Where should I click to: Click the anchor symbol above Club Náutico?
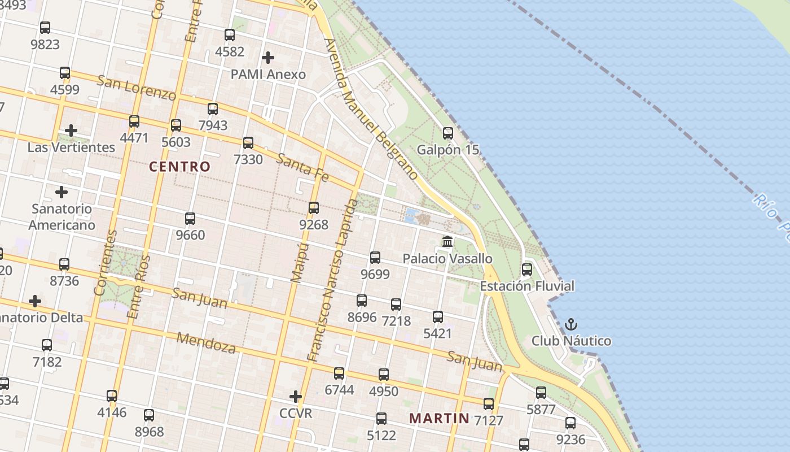coord(571,324)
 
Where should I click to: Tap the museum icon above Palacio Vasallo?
coord(447,242)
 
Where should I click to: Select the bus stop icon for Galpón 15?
coord(447,133)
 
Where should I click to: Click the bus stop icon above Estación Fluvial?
coord(526,270)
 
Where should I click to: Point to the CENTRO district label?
coord(179,167)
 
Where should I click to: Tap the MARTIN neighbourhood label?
coord(439,418)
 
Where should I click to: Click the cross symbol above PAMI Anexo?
coord(268,58)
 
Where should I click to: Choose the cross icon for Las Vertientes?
coord(71,131)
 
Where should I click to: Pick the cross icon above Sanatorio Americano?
coord(62,192)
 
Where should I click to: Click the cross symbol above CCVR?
coord(295,397)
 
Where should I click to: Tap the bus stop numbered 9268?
coord(314,208)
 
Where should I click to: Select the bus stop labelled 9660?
coord(190,218)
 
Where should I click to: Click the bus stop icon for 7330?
coord(248,143)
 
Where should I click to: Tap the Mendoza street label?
coord(207,342)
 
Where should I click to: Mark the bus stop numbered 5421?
coord(438,317)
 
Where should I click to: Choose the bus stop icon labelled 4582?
coord(230,35)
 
